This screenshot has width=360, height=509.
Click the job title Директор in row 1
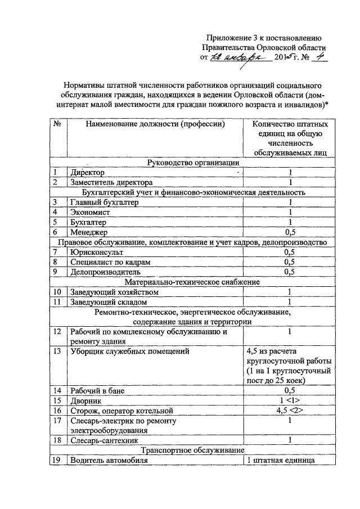pyautogui.click(x=87, y=173)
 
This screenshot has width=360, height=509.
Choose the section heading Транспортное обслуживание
pyautogui.click(x=192, y=451)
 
